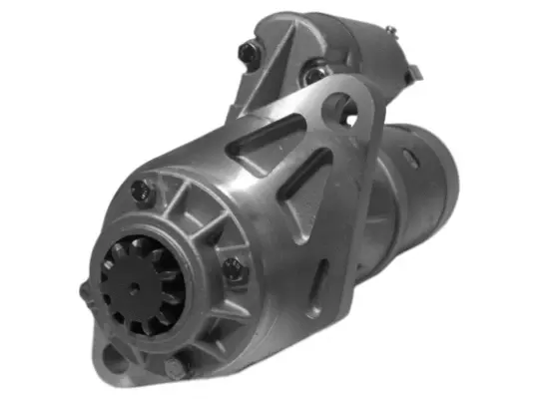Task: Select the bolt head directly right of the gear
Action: pyautogui.click(x=232, y=266)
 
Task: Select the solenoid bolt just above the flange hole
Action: pyautogui.click(x=315, y=73)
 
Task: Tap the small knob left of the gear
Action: pyautogui.click(x=83, y=292)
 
